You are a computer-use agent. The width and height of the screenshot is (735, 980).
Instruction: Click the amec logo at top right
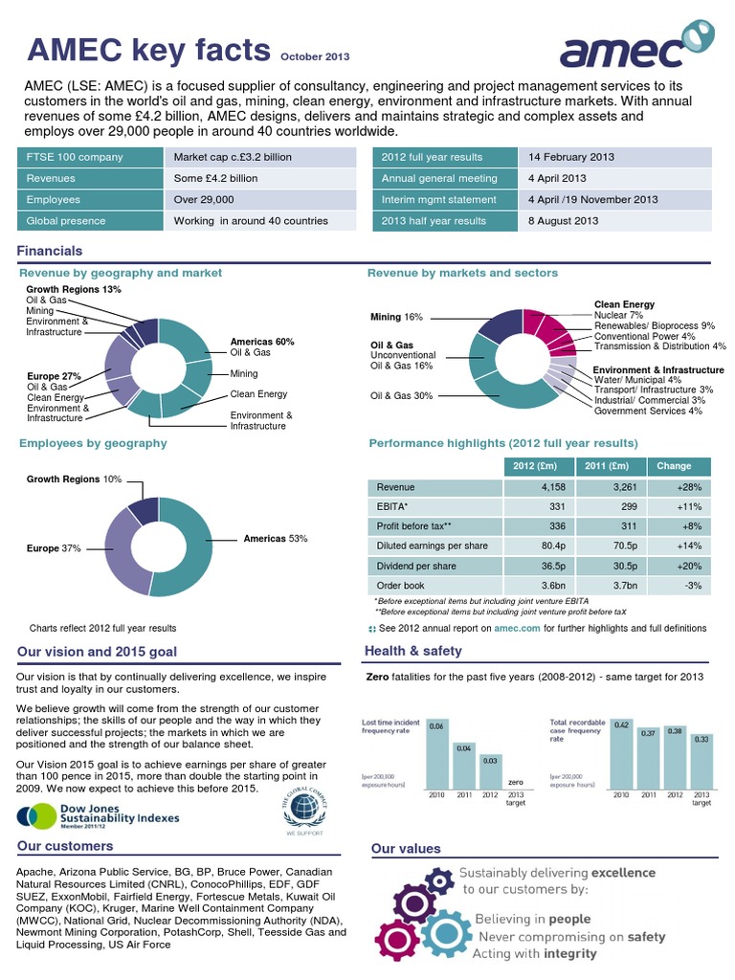[635, 47]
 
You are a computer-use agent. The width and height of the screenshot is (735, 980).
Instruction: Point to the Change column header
[675, 466]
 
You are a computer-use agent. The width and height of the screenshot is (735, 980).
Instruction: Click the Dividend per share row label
[416, 567]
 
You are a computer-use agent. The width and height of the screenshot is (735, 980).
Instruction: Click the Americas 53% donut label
[276, 539]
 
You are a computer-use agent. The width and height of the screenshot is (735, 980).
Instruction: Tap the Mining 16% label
[396, 316]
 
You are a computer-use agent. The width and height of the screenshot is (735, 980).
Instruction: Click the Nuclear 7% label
[618, 315]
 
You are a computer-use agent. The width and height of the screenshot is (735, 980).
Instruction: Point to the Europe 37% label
[55, 548]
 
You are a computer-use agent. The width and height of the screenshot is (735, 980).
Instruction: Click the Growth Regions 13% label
[74, 289]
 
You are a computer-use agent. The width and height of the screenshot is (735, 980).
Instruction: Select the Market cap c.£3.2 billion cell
[234, 157]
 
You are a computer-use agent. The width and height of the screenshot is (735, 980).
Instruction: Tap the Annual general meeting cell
[439, 178]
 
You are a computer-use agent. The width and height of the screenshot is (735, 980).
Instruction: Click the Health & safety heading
[413, 651]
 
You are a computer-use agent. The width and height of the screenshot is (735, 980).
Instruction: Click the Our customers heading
[65, 846]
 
